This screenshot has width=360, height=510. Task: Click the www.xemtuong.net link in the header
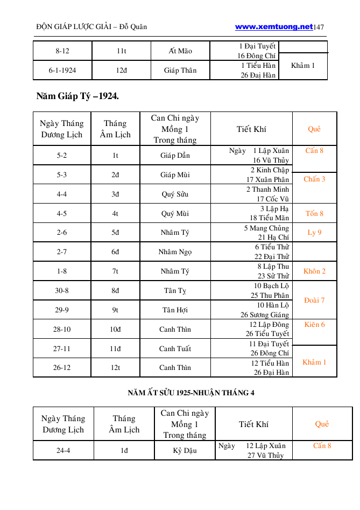click(x=273, y=26)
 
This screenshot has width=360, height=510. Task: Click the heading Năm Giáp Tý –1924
click(x=77, y=97)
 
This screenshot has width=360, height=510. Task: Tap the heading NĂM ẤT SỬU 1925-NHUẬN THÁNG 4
click(x=191, y=393)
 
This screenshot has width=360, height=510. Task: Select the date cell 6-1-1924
click(x=62, y=71)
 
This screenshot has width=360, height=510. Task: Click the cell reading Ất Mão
click(x=180, y=51)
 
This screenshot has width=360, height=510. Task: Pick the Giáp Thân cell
click(x=180, y=71)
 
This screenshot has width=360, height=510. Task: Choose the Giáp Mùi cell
click(x=175, y=175)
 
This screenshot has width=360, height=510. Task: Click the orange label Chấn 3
click(x=314, y=179)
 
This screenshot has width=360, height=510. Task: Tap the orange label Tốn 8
click(x=314, y=214)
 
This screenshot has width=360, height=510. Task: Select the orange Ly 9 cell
click(x=314, y=233)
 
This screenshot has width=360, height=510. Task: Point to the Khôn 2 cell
click(x=314, y=271)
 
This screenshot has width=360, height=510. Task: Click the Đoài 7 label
click(x=314, y=300)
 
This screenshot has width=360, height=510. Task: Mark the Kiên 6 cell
click(x=314, y=325)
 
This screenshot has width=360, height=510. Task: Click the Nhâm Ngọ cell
click(x=175, y=252)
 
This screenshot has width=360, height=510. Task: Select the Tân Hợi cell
click(x=175, y=310)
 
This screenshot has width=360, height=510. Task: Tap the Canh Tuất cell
click(x=175, y=349)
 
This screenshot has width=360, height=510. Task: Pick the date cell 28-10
click(x=62, y=330)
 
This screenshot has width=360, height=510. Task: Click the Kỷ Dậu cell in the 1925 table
click(x=185, y=451)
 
